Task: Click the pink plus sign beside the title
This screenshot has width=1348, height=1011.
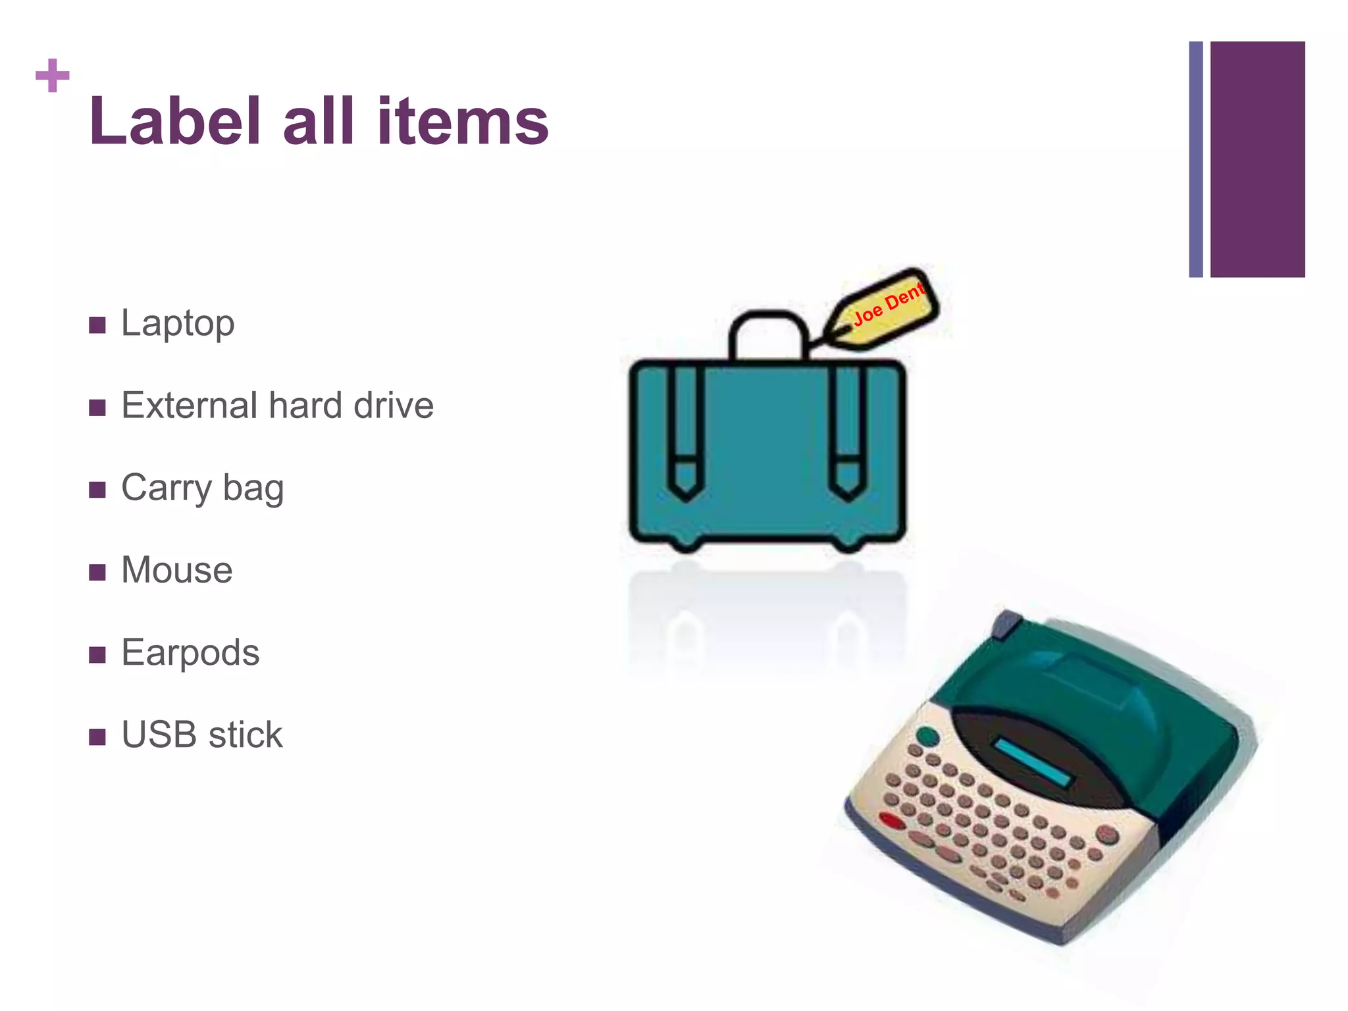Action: pyautogui.click(x=53, y=76)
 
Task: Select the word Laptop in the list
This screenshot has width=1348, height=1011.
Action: pyautogui.click(x=178, y=324)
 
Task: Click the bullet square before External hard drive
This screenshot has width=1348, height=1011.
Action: pyautogui.click(x=97, y=407)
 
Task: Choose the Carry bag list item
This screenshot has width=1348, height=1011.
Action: pyautogui.click(x=202, y=489)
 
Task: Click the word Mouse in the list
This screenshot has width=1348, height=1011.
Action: pyautogui.click(x=176, y=570)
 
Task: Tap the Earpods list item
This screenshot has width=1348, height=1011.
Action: pyautogui.click(x=190, y=653)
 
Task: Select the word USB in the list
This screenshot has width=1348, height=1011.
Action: pyautogui.click(x=159, y=735)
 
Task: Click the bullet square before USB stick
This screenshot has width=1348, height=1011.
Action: pyautogui.click(x=97, y=737)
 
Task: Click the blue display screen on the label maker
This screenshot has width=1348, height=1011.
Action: pyautogui.click(x=1034, y=763)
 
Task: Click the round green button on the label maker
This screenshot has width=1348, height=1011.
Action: pyautogui.click(x=928, y=736)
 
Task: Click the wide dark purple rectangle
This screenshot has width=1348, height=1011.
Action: pyautogui.click(x=1257, y=159)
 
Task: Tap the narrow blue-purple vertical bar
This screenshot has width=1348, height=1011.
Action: pyautogui.click(x=1196, y=159)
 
